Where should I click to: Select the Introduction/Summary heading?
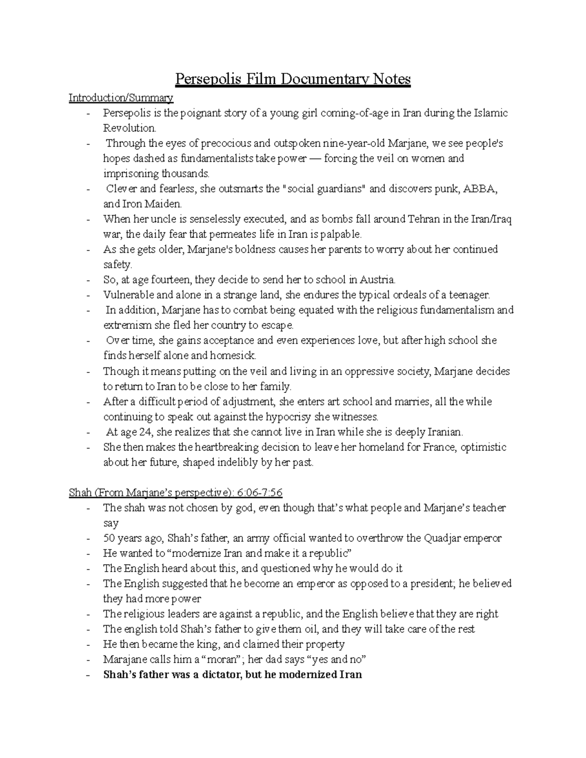coord(121,98)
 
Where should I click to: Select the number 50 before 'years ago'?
coord(109,538)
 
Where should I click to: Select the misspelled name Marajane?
coord(125,659)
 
